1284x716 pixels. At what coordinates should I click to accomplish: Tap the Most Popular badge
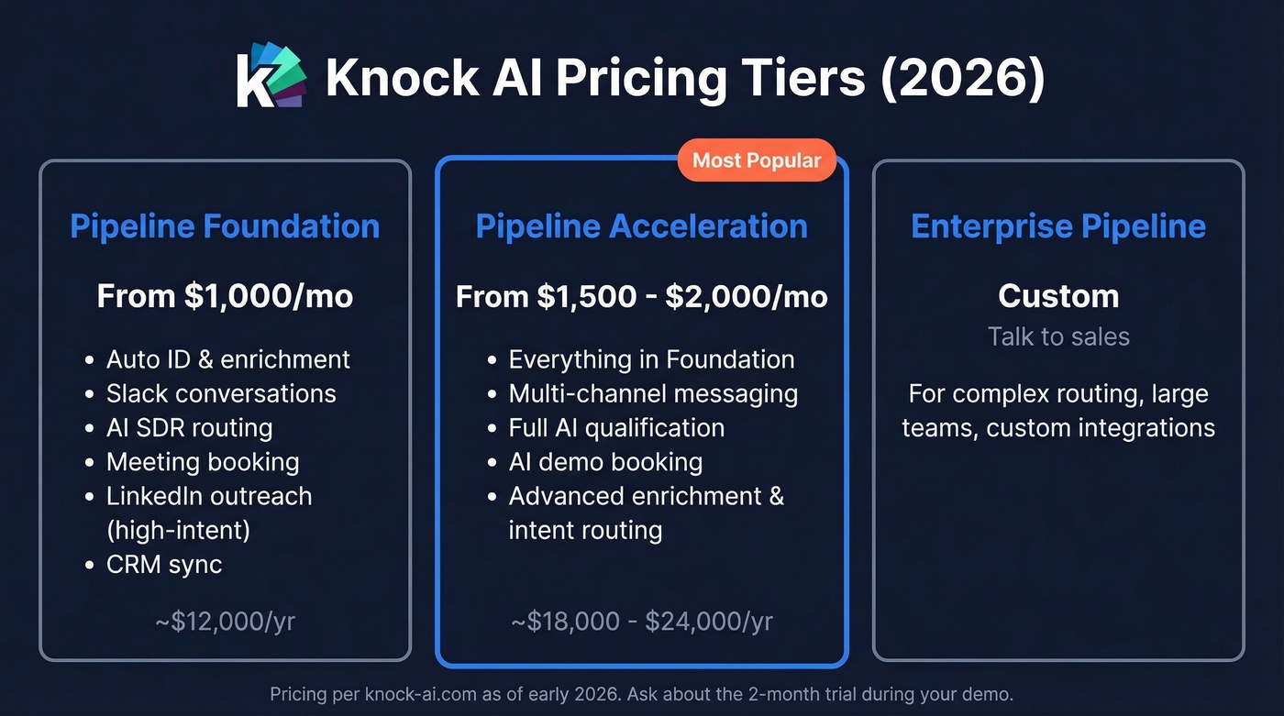(x=757, y=160)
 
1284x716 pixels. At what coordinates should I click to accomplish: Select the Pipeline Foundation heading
(x=225, y=226)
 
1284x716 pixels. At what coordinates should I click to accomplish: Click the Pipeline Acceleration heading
(x=641, y=226)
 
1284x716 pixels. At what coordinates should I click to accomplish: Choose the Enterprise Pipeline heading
(x=1058, y=226)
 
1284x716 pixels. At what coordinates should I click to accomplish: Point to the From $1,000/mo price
(x=225, y=296)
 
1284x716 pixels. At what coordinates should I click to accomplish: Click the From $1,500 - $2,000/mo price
(x=641, y=296)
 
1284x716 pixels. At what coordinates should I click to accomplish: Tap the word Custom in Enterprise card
(x=1058, y=296)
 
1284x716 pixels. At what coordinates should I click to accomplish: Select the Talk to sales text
(x=1058, y=336)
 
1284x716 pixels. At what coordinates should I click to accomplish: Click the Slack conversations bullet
(x=221, y=393)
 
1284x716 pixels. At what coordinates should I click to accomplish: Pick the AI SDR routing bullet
(x=189, y=427)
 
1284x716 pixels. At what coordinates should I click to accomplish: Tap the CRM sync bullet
(x=164, y=564)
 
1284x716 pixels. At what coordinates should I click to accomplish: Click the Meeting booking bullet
(x=203, y=462)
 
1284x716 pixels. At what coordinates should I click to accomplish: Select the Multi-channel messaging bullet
(x=653, y=393)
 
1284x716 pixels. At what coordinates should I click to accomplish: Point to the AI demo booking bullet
(x=605, y=462)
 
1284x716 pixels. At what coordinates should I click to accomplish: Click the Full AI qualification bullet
(x=616, y=427)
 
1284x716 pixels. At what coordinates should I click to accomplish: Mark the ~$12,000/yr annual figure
(x=225, y=622)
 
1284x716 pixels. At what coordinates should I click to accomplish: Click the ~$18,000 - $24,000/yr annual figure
(x=641, y=622)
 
